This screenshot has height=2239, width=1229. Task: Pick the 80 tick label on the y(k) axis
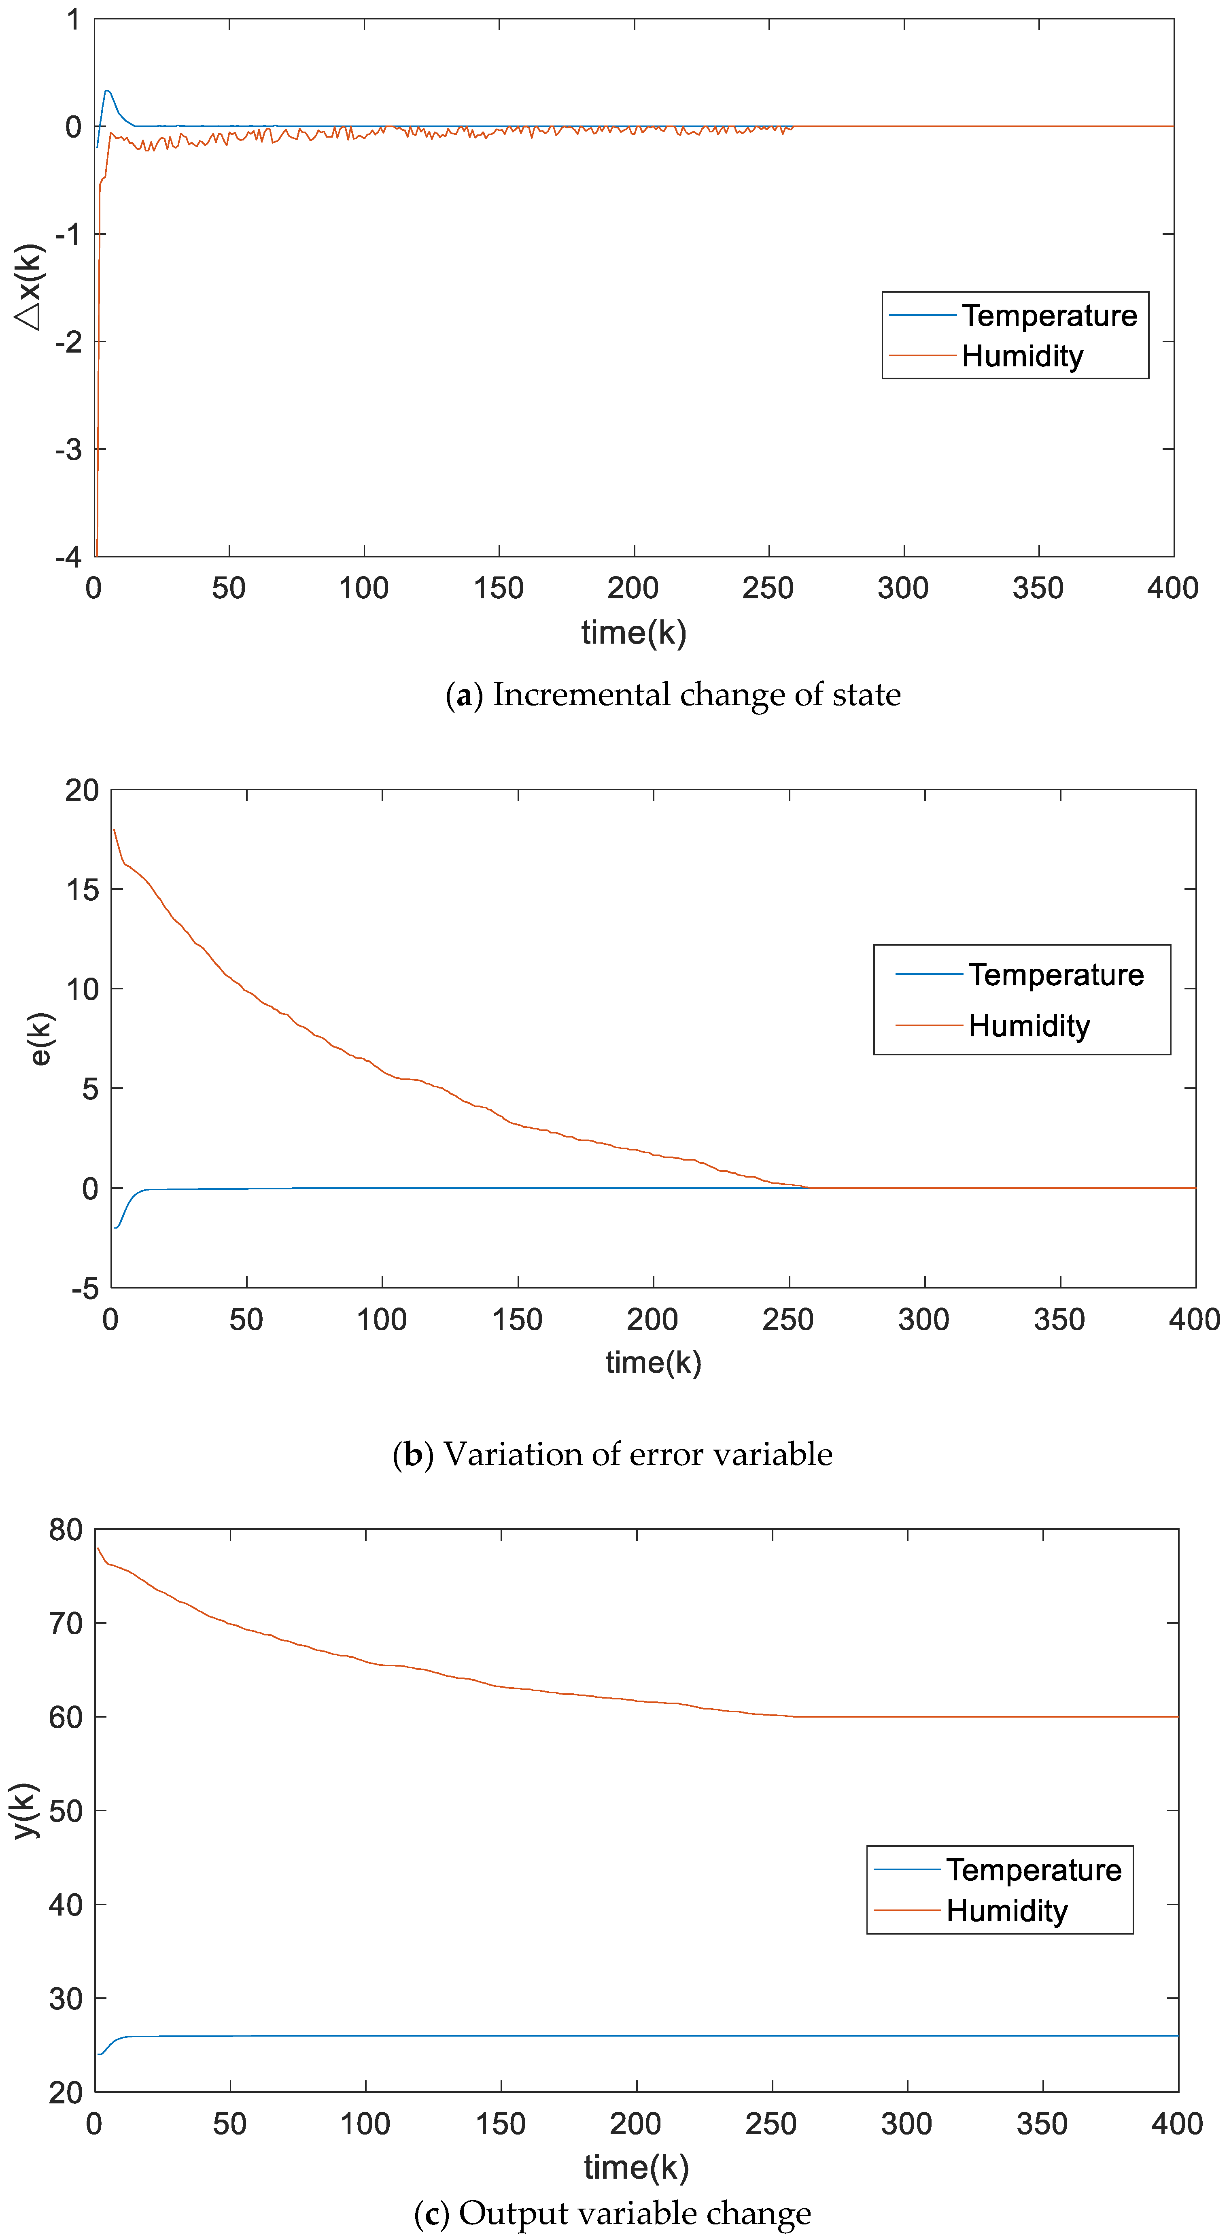(x=66, y=1530)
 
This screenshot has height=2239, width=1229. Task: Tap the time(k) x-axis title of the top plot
(x=634, y=632)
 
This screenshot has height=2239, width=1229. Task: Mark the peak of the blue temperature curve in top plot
(x=107, y=90)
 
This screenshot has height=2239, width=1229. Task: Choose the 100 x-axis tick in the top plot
(x=363, y=589)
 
